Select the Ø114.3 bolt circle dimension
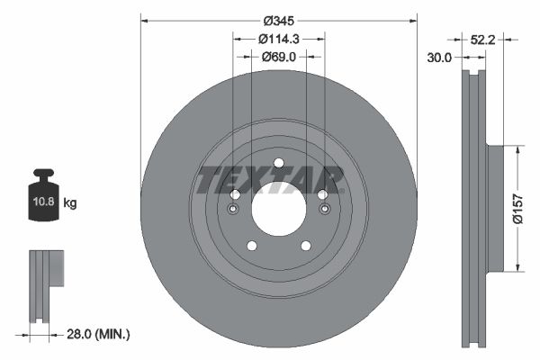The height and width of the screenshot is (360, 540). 278,39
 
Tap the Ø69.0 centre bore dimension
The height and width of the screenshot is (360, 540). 278,57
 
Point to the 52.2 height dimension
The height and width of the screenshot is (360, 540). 483,40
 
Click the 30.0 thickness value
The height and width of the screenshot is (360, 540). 441,56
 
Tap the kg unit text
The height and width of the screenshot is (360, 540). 70,204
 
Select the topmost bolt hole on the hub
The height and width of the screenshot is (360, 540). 278,163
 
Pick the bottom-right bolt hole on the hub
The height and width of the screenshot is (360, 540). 305,246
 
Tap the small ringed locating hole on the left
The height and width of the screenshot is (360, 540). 233,210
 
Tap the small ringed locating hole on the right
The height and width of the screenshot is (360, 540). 323,210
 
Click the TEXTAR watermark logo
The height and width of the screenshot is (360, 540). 270,180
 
